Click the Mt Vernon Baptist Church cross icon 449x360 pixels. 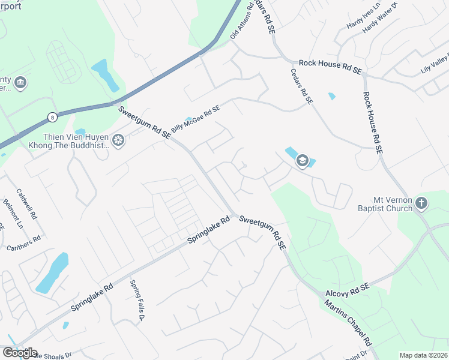[421, 203]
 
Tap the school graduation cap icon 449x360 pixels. [302, 160]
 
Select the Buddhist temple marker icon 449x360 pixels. [118, 141]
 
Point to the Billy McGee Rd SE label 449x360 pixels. [196, 119]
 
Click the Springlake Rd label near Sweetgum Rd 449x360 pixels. [209, 230]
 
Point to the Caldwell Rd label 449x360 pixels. [26, 204]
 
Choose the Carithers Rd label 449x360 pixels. [23, 242]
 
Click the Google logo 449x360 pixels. [20, 353]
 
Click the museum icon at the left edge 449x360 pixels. [20, 82]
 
